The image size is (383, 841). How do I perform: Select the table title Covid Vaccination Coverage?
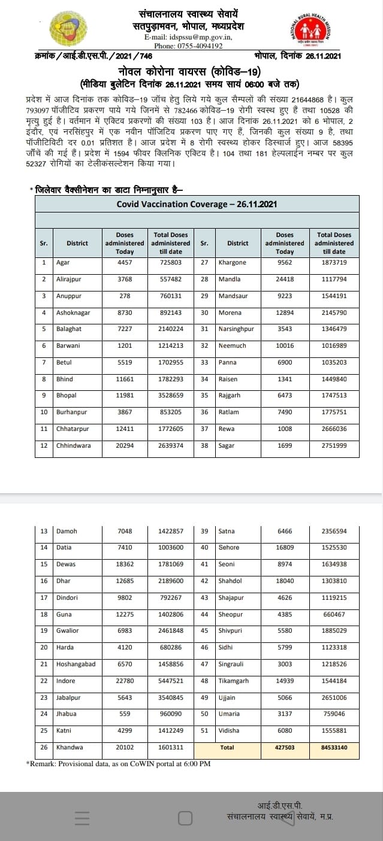(x=197, y=204)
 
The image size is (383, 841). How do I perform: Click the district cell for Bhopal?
(x=67, y=396)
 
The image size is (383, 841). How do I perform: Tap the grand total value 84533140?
(x=334, y=748)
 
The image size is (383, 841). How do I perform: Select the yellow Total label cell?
(x=227, y=748)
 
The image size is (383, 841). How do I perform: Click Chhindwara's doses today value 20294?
(x=125, y=446)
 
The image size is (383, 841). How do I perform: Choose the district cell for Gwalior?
(x=67, y=631)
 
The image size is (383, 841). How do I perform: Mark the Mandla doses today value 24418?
(x=285, y=279)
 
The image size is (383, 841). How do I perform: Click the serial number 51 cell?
(x=204, y=731)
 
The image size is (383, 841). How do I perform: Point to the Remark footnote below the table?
(x=118, y=763)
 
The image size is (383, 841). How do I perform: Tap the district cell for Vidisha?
(x=229, y=731)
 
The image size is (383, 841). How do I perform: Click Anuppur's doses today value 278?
(x=125, y=296)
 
